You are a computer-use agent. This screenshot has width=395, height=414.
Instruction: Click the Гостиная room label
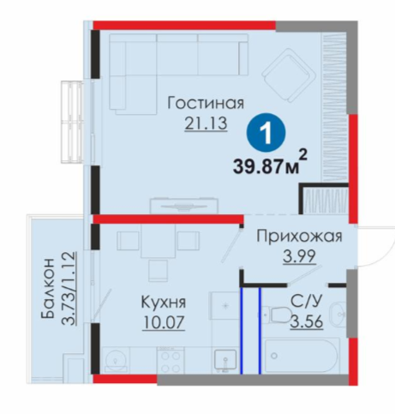point(206,104)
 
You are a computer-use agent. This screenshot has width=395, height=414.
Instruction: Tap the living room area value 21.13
point(206,123)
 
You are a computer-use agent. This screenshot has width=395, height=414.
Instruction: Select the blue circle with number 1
point(266,133)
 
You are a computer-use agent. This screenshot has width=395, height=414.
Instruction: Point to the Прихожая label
point(299,237)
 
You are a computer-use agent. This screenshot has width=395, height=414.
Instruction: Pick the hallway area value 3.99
point(299,256)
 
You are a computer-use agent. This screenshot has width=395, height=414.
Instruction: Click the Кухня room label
point(164,302)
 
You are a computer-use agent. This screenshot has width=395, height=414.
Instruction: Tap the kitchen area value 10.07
point(164,322)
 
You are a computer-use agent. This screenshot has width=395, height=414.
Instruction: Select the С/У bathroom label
point(307,301)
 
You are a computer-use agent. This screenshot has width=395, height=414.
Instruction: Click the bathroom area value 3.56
point(307,321)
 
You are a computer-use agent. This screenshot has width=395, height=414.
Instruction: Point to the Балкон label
point(48,288)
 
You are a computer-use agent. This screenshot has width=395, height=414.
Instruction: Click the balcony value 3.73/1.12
point(69,288)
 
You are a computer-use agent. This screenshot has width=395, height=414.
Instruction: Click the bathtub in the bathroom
point(302,356)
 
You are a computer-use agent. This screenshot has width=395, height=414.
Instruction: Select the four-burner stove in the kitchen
point(171,361)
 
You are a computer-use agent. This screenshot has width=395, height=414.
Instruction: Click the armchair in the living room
point(289,76)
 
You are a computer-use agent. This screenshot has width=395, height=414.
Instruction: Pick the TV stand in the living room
point(183,205)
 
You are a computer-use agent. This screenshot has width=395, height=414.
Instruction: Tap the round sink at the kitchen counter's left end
point(115,361)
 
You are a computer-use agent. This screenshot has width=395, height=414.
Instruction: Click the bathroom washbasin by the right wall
point(338,315)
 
